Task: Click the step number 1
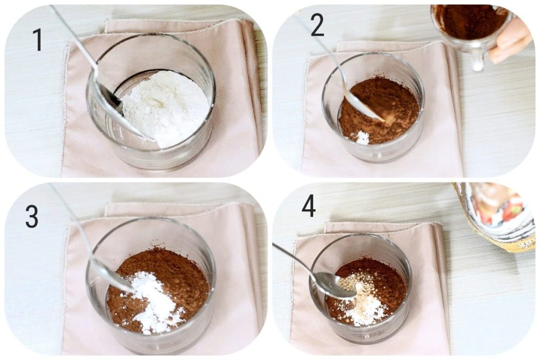(37, 40)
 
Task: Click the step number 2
(317, 25)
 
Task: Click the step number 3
(32, 217)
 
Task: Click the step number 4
(308, 206)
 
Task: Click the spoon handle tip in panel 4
(275, 246)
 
